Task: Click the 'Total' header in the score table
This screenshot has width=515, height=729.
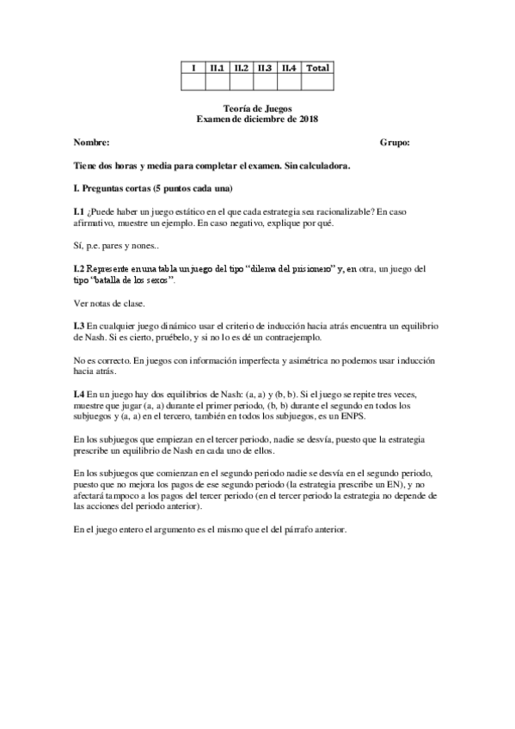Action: (x=318, y=68)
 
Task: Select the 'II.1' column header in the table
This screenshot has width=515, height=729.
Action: (x=218, y=68)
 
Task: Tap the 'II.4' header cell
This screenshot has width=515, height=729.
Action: (x=289, y=68)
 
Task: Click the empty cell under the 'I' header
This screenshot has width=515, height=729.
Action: (x=193, y=83)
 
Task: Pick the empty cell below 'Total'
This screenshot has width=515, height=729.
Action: (x=318, y=83)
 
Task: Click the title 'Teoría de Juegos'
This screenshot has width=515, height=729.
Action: (x=257, y=109)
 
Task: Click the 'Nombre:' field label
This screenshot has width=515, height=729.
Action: (x=92, y=142)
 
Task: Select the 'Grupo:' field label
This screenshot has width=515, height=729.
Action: (x=395, y=142)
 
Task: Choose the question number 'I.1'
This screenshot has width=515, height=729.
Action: (x=79, y=211)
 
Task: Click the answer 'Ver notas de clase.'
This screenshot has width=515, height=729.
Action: (x=110, y=302)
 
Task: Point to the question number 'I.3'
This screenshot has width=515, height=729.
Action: (x=79, y=325)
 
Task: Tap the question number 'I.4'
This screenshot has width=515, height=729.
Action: (x=79, y=393)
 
